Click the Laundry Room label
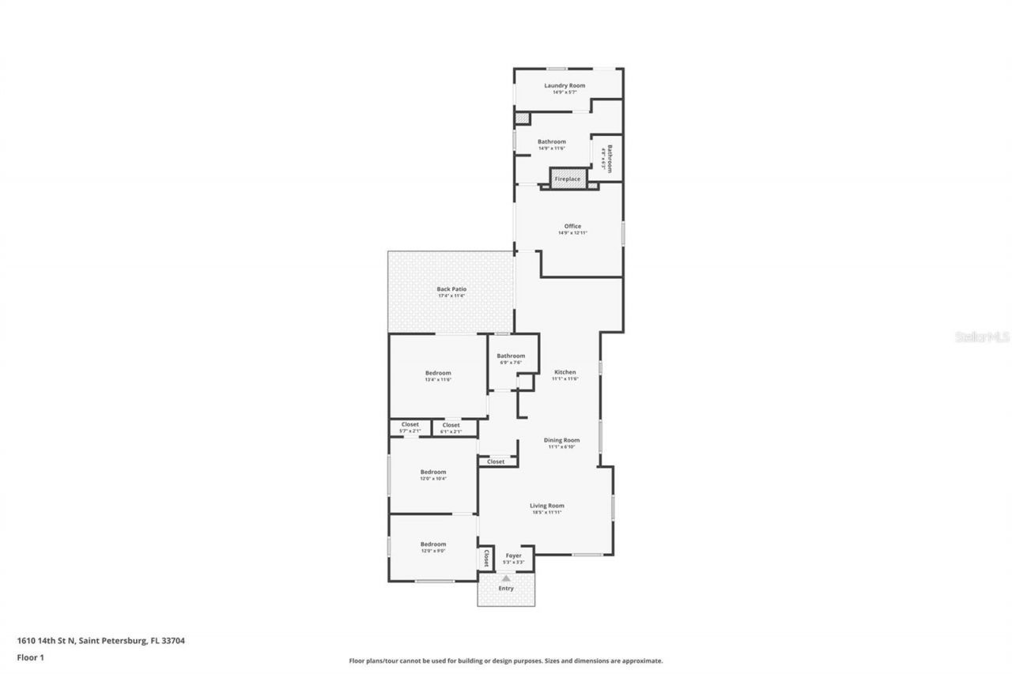click(x=565, y=85)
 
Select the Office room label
click(x=572, y=227)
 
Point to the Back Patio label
click(x=451, y=289)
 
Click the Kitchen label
click(x=565, y=372)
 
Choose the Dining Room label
click(x=561, y=440)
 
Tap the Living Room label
click(x=546, y=506)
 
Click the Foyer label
click(x=514, y=555)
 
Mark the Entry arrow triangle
click(x=506, y=579)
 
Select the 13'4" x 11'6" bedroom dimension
click(x=437, y=380)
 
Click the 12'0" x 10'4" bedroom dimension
click(x=432, y=479)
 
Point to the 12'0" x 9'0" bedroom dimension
click(x=432, y=551)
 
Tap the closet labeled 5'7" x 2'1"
click(x=410, y=431)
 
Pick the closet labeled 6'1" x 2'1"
click(x=451, y=431)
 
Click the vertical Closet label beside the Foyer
click(x=486, y=559)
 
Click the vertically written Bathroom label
click(x=610, y=157)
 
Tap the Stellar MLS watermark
click(x=982, y=337)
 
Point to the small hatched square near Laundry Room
click(x=522, y=119)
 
